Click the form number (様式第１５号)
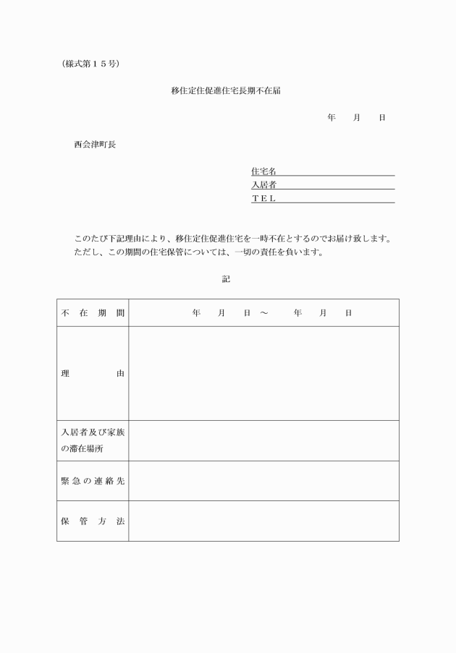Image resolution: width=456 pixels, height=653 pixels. pyautogui.click(x=90, y=64)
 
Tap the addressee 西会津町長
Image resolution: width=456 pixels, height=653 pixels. pyautogui.click(x=94, y=144)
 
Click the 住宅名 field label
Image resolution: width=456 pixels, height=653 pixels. pyautogui.click(x=263, y=171)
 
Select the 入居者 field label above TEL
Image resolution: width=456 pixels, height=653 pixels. pyautogui.click(x=263, y=185)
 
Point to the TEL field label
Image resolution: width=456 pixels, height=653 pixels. pyautogui.click(x=263, y=198)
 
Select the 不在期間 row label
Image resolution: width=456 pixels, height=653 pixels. pyautogui.click(x=93, y=313)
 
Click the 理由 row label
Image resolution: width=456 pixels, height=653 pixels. pyautogui.click(x=93, y=373)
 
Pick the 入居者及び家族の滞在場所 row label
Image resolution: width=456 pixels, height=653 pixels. pyautogui.click(x=93, y=440)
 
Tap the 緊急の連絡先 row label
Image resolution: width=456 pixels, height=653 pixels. pyautogui.click(x=93, y=481)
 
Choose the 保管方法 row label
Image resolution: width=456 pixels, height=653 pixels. pyautogui.click(x=93, y=521)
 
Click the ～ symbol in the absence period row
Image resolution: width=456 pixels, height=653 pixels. pyautogui.click(x=263, y=313)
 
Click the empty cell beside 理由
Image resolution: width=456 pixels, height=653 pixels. pyautogui.click(x=263, y=373)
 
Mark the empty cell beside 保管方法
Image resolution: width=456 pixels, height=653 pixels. pyautogui.click(x=263, y=521)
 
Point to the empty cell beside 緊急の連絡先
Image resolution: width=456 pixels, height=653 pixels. pyautogui.click(x=263, y=481)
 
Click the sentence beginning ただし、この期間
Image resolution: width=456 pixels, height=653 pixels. pyautogui.click(x=198, y=253)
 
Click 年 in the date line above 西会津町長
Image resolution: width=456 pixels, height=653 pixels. pyautogui.click(x=331, y=117)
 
